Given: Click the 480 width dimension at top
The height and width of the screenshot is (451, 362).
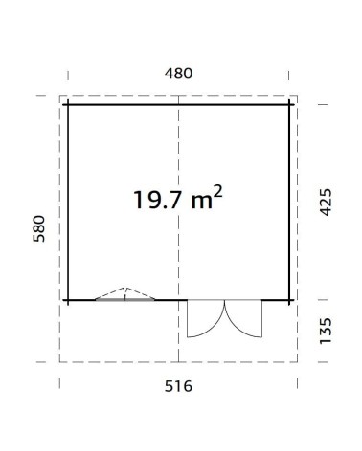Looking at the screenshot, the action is click(178, 74).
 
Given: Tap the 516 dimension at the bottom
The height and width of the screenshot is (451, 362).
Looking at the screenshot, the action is click(178, 386).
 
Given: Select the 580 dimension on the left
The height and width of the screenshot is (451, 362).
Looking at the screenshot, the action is click(39, 228).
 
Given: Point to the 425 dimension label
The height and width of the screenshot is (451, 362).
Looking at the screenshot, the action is click(326, 203).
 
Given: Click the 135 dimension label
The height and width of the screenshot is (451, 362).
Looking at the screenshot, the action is click(326, 331).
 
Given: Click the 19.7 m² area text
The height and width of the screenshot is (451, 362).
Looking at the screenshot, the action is click(177, 199).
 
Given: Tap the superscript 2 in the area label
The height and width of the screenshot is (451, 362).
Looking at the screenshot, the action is click(217, 192).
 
